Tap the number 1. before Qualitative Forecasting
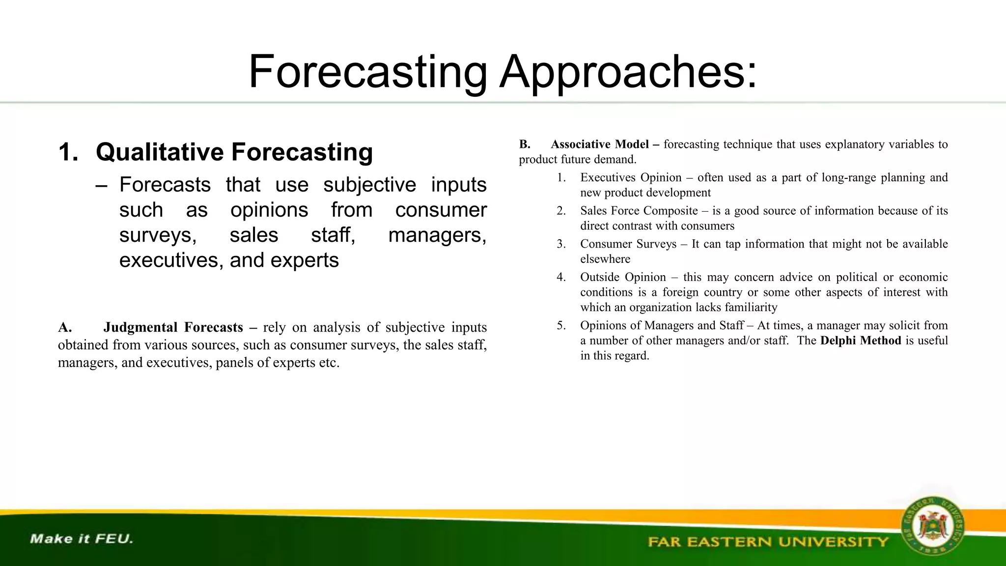[68, 152]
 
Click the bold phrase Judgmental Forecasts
[173, 327]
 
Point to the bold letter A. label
[64, 327]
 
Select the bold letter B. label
[524, 144]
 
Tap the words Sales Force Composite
[639, 211]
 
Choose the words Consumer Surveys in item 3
[628, 244]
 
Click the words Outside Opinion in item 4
[623, 277]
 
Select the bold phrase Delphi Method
[861, 340]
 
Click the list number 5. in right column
[561, 325]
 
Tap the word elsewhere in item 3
[605, 259]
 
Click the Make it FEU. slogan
[82, 538]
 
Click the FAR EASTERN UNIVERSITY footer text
[768, 542]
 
